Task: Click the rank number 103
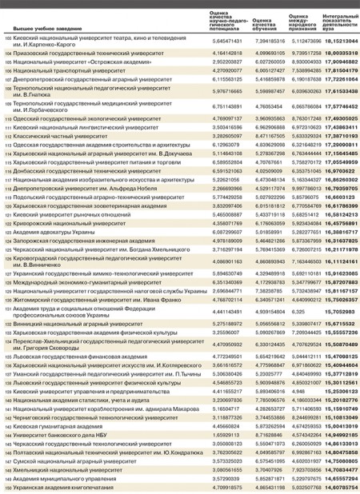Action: [8, 38]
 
